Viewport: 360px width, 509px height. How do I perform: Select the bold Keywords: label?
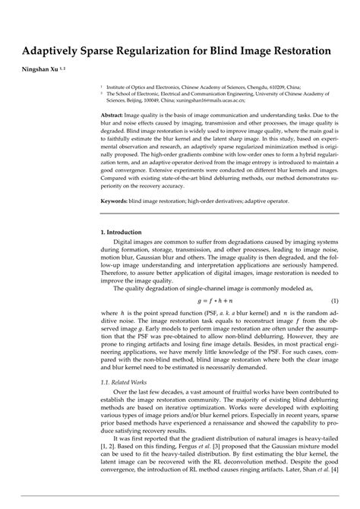coord(122,203)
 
